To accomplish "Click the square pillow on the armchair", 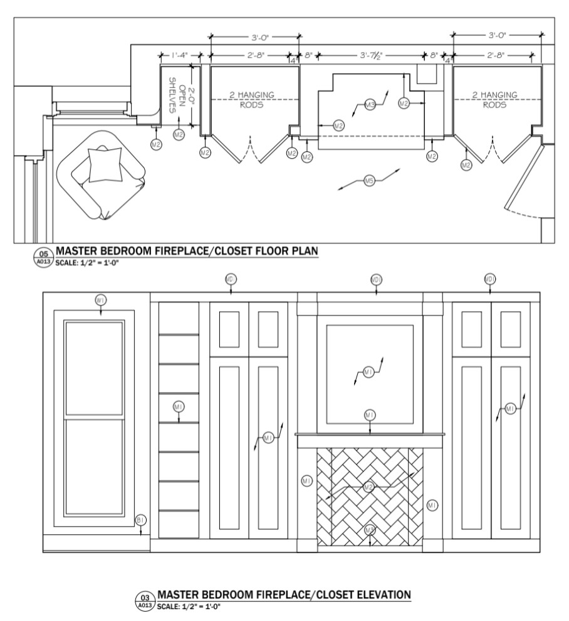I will [x=105, y=165].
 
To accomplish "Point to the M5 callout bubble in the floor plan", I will [x=369, y=181].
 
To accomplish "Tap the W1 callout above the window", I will [x=101, y=300].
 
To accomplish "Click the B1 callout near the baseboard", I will [x=140, y=520].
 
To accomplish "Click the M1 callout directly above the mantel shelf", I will [x=370, y=415].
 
